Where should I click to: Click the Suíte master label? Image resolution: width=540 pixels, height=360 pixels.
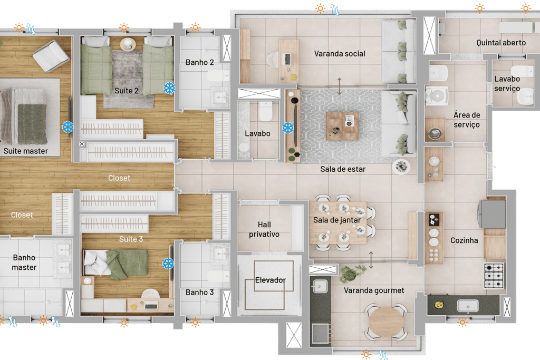pyautogui.click(x=26, y=151)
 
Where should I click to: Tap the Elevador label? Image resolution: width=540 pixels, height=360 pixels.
pyautogui.click(x=271, y=280)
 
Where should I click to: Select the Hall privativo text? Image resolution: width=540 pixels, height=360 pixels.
pyautogui.click(x=264, y=229)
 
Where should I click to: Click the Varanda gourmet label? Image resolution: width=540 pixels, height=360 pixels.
pyautogui.click(x=374, y=290)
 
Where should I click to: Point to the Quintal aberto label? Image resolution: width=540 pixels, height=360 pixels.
pyautogui.click(x=501, y=43)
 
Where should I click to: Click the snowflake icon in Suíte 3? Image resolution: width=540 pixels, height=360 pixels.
pyautogui.click(x=168, y=264)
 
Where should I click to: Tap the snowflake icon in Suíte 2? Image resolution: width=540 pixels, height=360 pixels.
pyautogui.click(x=169, y=88)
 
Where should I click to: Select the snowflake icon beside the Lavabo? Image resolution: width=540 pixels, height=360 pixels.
pyautogui.click(x=288, y=128)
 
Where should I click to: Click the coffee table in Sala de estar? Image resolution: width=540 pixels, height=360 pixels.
pyautogui.click(x=342, y=125)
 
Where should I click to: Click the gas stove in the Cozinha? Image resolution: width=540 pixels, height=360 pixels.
pyautogui.click(x=494, y=275)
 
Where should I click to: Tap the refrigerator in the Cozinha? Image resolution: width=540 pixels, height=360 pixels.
pyautogui.click(x=492, y=213)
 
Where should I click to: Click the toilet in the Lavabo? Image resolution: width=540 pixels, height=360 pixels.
pyautogui.click(x=266, y=111)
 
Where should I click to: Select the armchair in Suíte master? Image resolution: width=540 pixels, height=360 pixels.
pyautogui.click(x=51, y=56)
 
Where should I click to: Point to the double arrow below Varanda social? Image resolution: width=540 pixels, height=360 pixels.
pyautogui.click(x=340, y=86)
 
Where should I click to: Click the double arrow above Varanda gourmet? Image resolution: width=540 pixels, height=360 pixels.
pyautogui.click(x=371, y=260)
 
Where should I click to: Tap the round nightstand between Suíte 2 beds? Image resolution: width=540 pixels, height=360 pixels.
pyautogui.click(x=128, y=44)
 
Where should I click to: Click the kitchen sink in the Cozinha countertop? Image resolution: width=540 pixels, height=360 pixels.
pyautogui.click(x=467, y=306)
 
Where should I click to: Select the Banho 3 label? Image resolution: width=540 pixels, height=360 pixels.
pyautogui.click(x=200, y=292)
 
